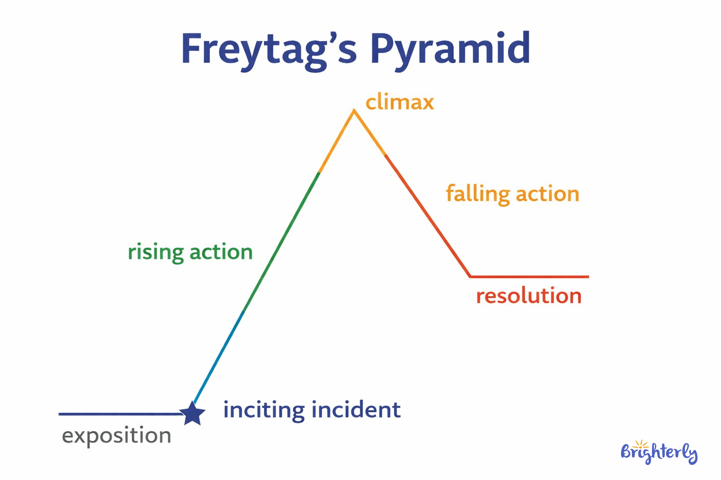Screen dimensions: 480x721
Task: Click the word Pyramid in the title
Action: pos(450,50)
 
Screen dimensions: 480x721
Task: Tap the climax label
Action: pos(399,102)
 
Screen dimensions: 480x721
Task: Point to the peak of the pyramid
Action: pos(354,111)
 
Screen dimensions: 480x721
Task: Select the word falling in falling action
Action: pos(478,194)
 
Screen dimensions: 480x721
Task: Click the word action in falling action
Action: pos(547,194)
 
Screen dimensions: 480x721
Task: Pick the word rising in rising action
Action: pos(155,252)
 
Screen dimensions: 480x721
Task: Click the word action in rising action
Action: pos(221,252)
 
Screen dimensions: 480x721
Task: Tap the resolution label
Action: pos(529,296)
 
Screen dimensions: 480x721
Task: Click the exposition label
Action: pos(116,436)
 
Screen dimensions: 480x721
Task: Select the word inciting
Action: pos(264,410)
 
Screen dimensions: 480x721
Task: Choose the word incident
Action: pos(356,410)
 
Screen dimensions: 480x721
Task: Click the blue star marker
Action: pos(192,414)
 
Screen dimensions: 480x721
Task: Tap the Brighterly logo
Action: pos(659,452)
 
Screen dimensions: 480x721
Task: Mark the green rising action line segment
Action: pos(282,241)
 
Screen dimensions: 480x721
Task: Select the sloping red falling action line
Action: pos(427,216)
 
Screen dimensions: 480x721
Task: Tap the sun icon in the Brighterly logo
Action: pos(640,444)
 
